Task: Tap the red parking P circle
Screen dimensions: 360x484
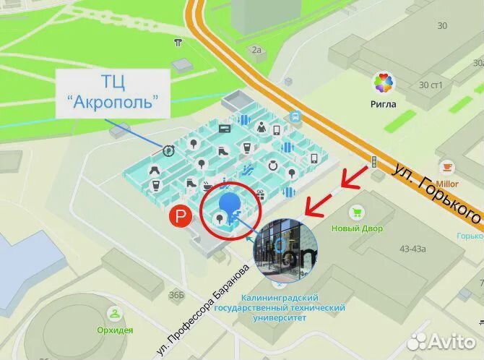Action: tap(177, 215)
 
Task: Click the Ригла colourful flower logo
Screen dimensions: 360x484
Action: tap(384, 83)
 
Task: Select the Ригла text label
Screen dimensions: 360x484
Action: tap(384, 103)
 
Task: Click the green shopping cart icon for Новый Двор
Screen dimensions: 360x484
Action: tap(355, 213)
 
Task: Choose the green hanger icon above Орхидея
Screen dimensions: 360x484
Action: tap(114, 314)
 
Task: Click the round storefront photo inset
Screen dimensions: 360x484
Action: tap(287, 250)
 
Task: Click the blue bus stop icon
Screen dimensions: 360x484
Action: tap(295, 116)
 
